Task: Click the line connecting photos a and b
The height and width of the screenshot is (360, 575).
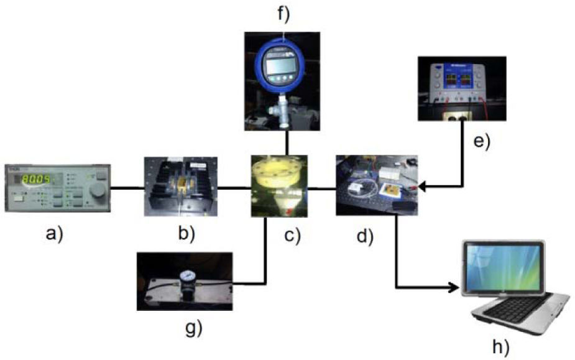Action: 127,187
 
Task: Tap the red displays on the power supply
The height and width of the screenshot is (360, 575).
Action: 461,80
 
